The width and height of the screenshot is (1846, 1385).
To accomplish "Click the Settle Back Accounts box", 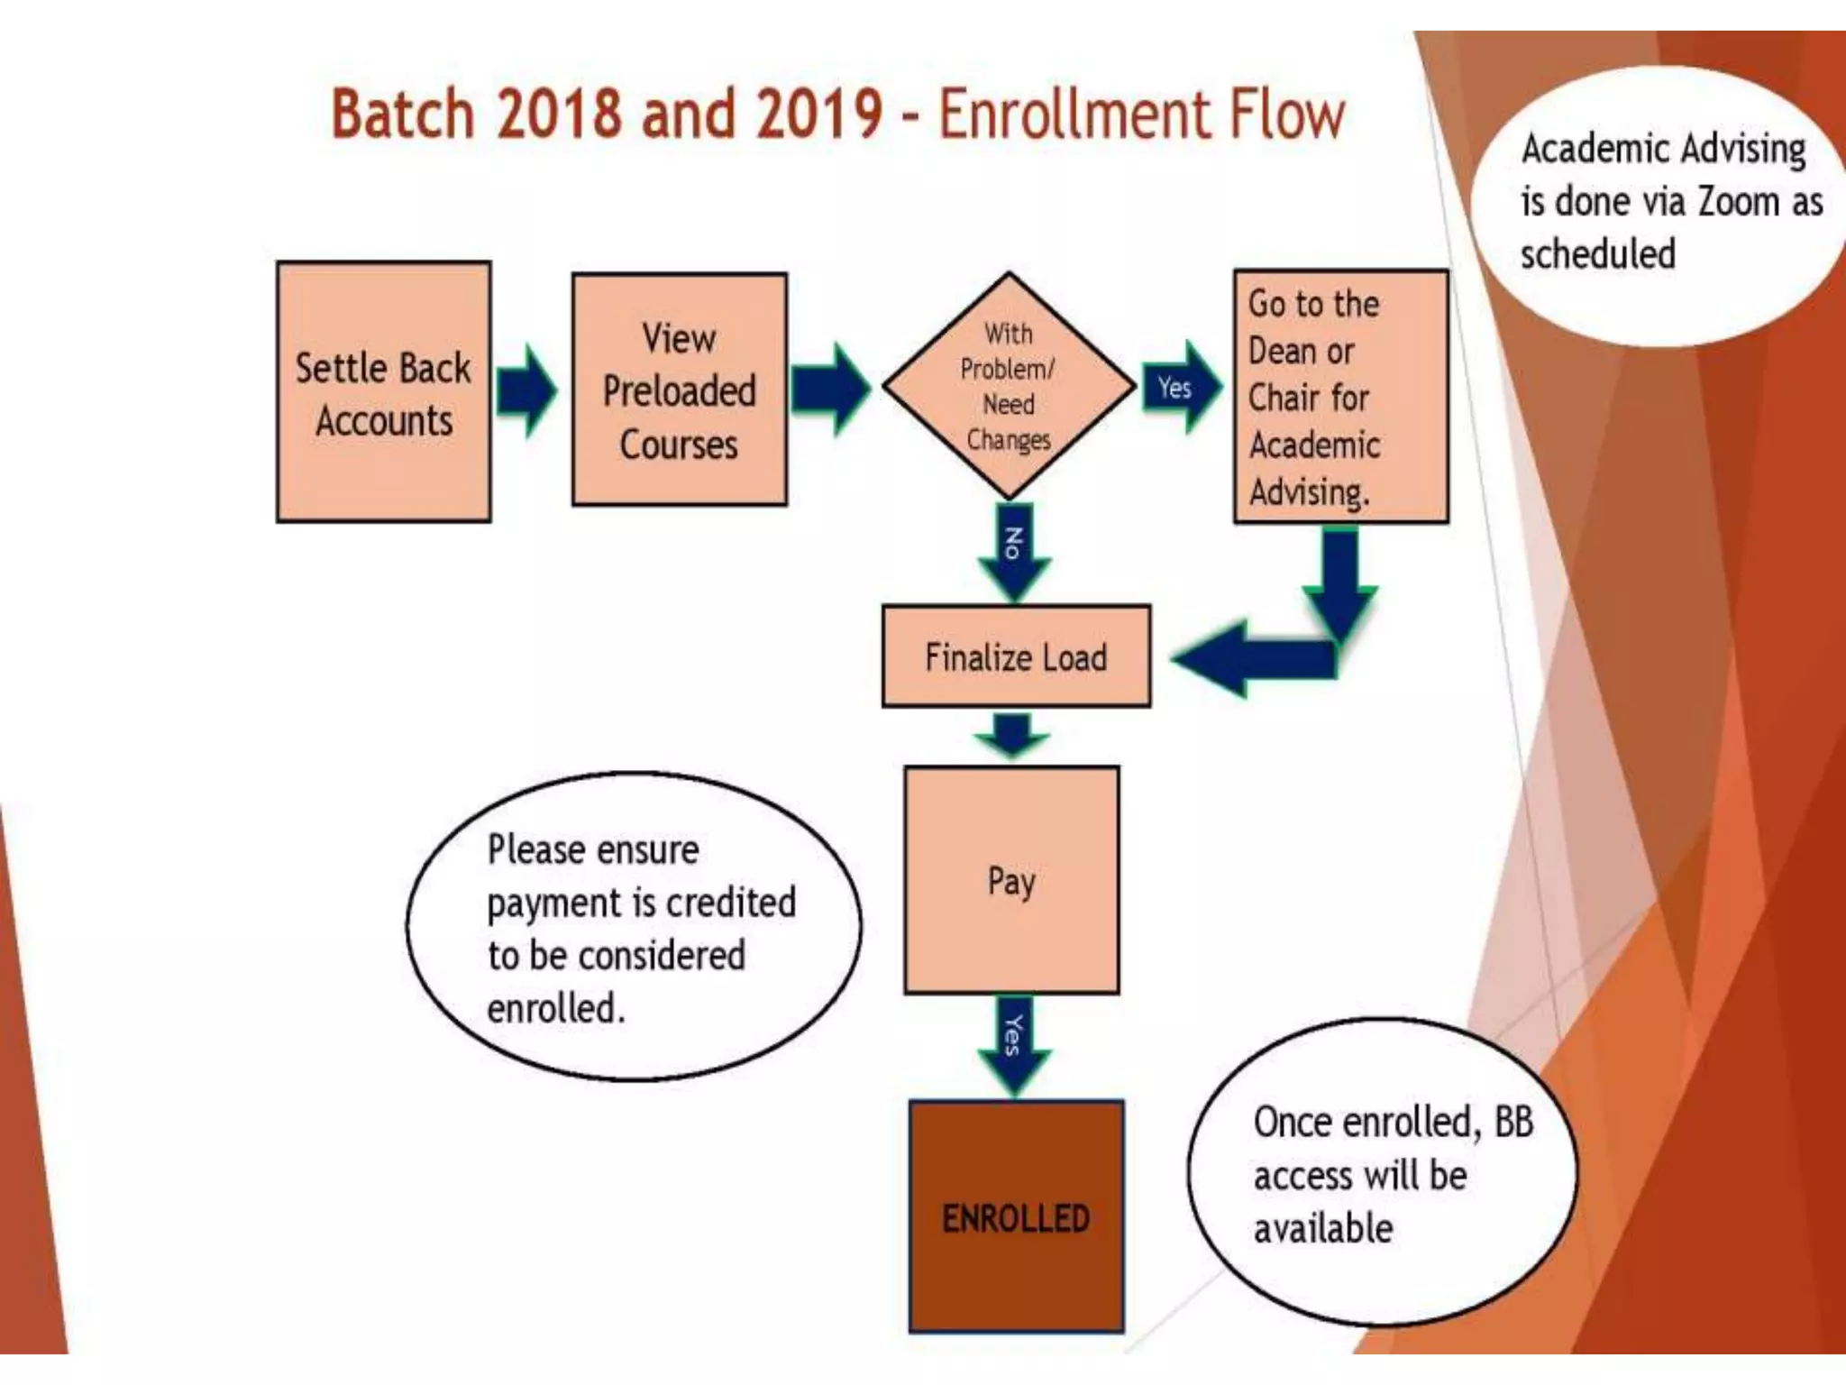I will pos(383,392).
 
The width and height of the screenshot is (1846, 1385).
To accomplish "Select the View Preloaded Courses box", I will pos(679,390).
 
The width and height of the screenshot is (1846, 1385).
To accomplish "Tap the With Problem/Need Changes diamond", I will pos(1009,386).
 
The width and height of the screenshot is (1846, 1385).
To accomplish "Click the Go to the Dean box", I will pos(1340,396).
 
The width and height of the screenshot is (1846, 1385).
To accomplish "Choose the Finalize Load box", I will pos(1016,656).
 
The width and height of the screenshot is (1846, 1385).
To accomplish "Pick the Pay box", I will pos(1011,880).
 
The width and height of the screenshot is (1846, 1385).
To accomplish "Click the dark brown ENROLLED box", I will pos(1016,1216).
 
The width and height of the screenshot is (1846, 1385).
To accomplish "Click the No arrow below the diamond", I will pos(1014,551).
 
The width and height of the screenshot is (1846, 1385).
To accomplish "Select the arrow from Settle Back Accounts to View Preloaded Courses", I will pos(528,391).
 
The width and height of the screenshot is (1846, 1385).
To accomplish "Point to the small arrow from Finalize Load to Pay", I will pos(1012,734).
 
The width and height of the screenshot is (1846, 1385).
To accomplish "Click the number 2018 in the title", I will pos(559,115).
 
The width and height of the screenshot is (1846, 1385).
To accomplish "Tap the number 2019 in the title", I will pos(818,115).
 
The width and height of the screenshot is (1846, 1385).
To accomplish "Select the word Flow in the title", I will pos(1285,115).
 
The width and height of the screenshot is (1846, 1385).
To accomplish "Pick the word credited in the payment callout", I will pos(730,903).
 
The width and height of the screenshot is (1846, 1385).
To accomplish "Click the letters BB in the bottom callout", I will pos(1513,1123).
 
